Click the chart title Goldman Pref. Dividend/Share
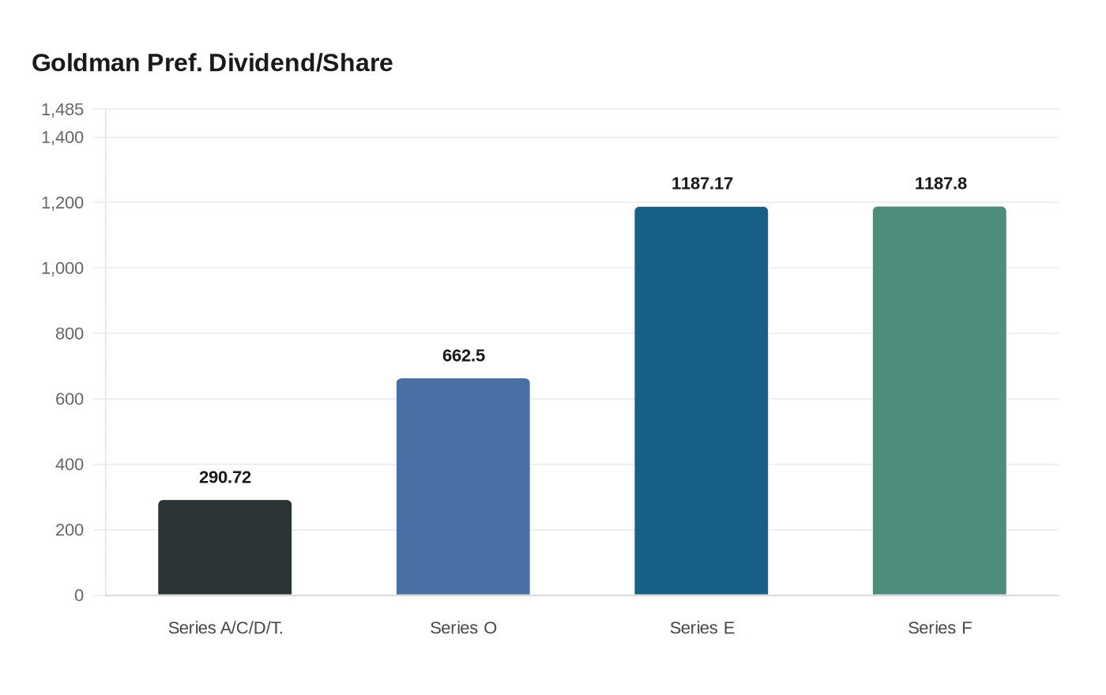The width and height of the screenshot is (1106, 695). click(212, 63)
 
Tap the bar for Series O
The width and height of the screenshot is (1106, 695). click(463, 486)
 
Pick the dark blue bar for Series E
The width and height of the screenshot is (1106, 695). click(701, 400)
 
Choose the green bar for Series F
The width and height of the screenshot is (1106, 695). click(939, 400)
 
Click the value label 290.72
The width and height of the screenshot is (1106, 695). click(225, 477)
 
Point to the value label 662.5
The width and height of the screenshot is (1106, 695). click(463, 355)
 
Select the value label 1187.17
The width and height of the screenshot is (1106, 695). click(702, 183)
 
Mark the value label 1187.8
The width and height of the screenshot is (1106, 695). click(940, 183)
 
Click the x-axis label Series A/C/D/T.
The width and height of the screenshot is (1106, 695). click(225, 628)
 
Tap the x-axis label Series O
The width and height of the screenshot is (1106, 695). click(463, 628)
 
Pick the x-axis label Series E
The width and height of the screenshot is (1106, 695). click(702, 628)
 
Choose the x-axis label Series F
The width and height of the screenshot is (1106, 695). click(939, 628)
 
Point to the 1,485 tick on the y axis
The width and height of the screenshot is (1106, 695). click(62, 109)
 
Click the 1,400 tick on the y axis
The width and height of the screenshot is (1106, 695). click(62, 137)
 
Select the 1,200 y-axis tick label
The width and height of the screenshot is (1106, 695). click(62, 203)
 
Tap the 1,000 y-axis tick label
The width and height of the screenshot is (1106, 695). click(62, 269)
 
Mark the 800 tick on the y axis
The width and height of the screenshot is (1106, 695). click(70, 333)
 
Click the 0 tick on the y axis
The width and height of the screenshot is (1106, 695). click(79, 595)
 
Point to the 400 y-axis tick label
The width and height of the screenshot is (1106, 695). click(70, 464)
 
